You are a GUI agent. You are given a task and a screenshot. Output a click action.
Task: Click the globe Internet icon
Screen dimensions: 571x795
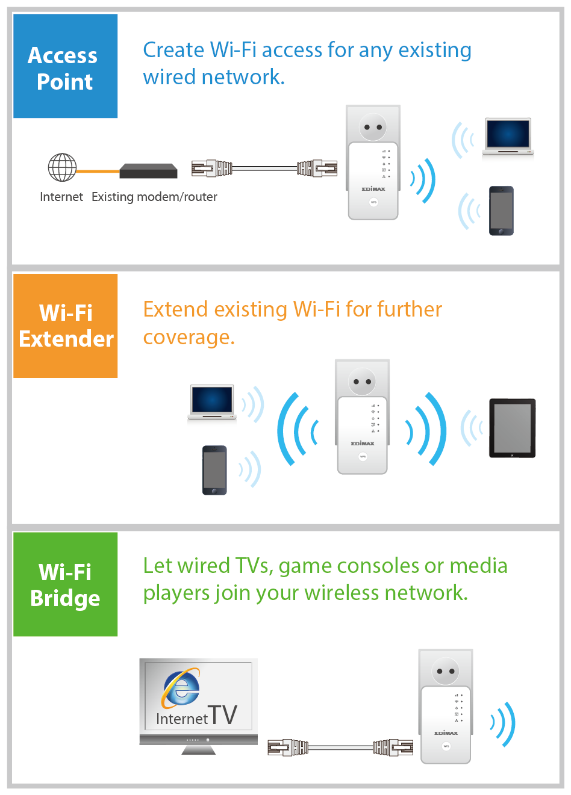click(62, 167)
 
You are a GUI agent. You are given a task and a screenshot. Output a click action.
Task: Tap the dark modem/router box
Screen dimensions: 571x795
click(148, 171)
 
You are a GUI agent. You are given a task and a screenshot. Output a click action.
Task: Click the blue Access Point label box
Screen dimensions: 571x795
click(65, 66)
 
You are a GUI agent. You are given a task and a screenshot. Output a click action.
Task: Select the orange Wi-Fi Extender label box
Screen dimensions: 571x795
click(65, 326)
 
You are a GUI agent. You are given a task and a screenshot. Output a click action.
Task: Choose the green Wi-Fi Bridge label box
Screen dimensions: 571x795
click(65, 584)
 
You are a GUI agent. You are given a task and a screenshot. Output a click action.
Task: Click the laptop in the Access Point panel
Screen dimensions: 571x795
click(508, 137)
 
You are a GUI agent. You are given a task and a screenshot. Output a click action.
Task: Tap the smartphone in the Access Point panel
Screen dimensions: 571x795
click(501, 211)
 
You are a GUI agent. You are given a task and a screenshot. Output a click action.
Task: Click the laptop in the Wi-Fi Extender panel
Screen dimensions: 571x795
click(212, 403)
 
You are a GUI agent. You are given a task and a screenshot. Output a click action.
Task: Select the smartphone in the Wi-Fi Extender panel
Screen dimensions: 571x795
click(214, 470)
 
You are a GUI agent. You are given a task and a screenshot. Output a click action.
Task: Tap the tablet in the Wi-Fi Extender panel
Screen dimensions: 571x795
click(513, 428)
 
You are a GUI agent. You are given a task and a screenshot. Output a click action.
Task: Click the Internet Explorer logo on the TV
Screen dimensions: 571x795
click(181, 687)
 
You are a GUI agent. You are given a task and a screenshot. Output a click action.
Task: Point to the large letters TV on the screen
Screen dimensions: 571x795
click(223, 714)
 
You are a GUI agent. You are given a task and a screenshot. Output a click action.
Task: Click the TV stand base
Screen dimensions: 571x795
click(199, 750)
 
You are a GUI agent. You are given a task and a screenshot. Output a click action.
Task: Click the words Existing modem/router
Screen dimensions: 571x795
click(154, 197)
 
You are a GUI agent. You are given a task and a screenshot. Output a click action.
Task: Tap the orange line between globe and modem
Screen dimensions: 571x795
click(98, 172)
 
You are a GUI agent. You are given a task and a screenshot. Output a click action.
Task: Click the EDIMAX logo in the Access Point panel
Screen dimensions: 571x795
click(373, 189)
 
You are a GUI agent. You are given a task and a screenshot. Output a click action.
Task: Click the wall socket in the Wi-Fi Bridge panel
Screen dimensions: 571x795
click(445, 671)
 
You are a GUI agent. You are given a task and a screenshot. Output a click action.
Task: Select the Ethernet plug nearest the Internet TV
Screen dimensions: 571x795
click(288, 747)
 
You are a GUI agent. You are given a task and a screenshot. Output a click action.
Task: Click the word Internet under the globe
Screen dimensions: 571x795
click(61, 197)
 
